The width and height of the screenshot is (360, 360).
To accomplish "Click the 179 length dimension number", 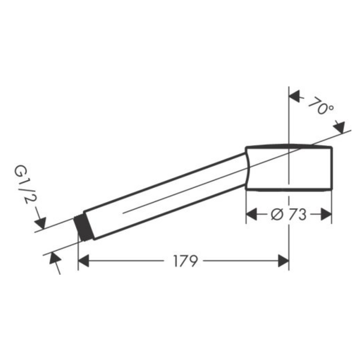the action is (x=185, y=261).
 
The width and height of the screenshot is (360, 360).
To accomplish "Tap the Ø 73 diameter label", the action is (x=289, y=215).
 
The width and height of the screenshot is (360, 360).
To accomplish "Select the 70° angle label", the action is (x=321, y=106).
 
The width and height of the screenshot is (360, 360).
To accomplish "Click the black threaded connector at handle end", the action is (x=83, y=228).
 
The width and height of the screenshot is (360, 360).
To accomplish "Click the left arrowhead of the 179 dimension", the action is (x=83, y=261).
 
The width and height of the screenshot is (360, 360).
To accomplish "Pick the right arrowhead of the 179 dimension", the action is (x=283, y=261).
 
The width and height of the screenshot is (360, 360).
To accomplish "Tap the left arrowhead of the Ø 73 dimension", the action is (x=251, y=214).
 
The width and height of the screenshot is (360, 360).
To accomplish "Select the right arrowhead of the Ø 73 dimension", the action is (x=326, y=214).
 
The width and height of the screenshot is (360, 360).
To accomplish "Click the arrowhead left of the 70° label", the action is (x=295, y=96).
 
